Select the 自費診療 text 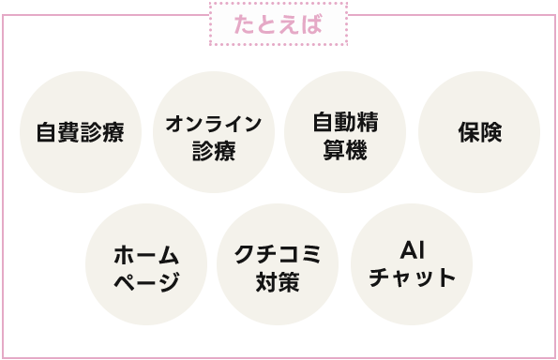click(80, 132)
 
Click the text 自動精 click(345, 123)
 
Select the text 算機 click(345, 150)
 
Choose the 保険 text click(480, 133)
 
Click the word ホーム click(145, 253)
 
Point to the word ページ click(145, 280)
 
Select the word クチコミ click(278, 253)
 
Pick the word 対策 click(278, 280)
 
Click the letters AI click(413, 250)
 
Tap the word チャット click(413, 278)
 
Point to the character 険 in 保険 click(491, 133)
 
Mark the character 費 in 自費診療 click(68, 132)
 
